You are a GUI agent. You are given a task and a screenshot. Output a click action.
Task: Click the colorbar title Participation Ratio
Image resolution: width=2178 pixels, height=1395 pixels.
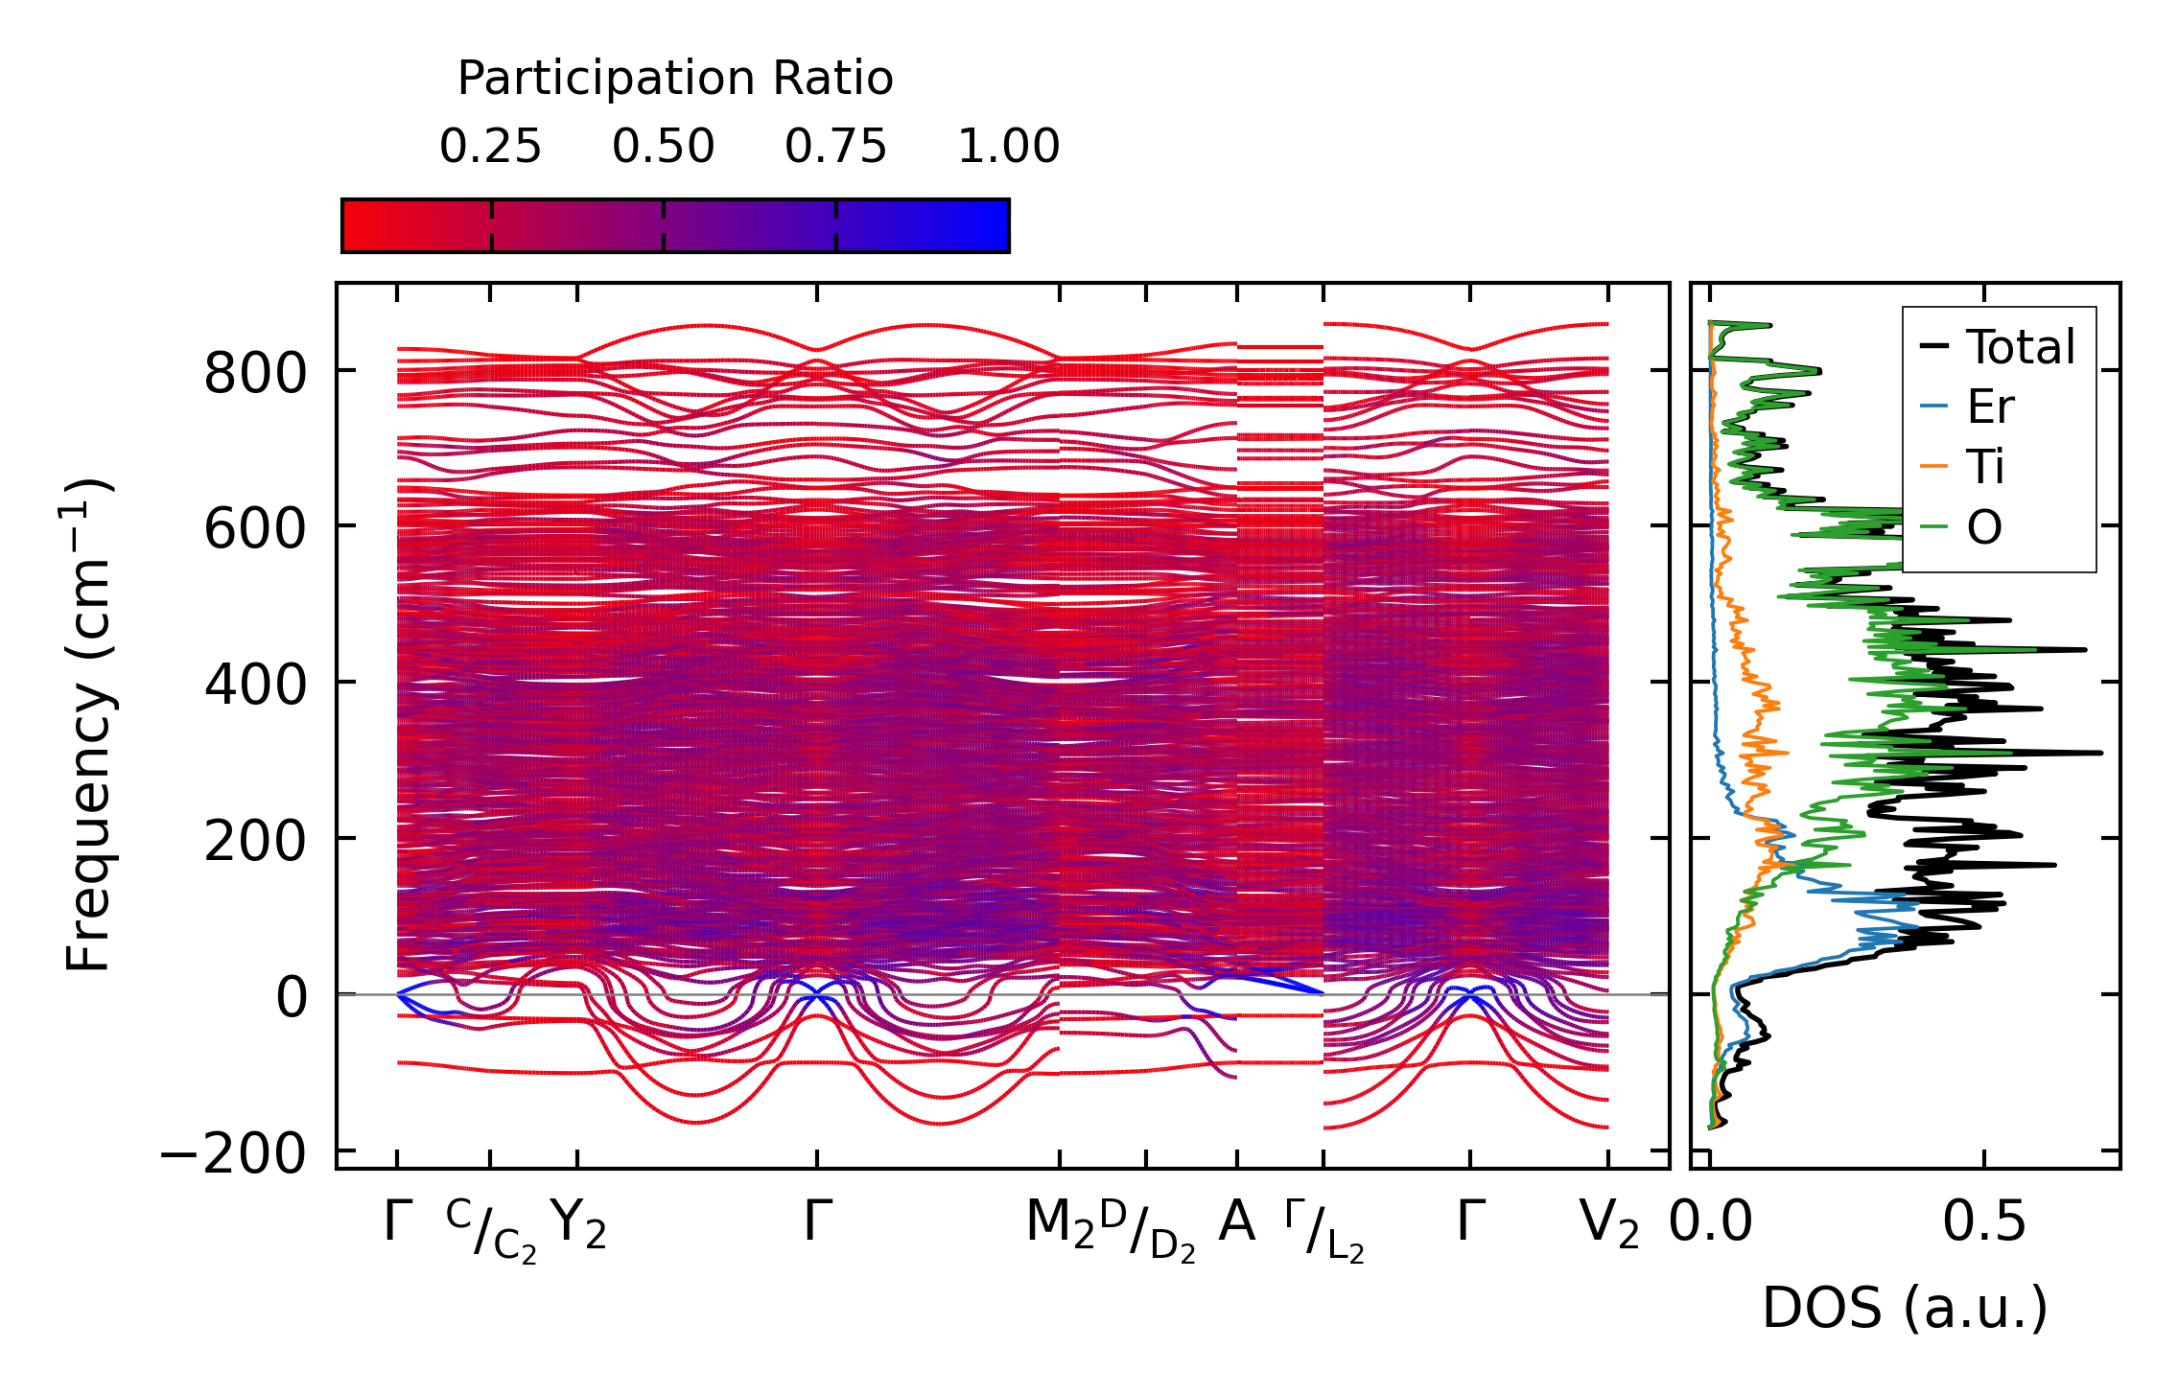675,79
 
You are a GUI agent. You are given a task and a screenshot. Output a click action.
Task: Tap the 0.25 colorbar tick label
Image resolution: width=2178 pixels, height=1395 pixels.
490,148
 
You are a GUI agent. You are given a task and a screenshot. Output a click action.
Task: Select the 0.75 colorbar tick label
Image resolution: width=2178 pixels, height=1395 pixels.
835,148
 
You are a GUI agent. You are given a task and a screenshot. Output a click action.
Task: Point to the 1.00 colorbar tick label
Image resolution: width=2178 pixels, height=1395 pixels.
1008,148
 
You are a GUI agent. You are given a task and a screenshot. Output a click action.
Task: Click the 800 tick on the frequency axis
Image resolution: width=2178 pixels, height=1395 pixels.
254,373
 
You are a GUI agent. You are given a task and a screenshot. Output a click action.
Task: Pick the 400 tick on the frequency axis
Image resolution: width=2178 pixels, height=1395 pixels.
254,685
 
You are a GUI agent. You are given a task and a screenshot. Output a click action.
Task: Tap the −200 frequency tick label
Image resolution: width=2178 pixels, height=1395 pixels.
233,1153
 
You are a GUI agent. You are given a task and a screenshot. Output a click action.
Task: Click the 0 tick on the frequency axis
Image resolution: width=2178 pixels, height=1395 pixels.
292,997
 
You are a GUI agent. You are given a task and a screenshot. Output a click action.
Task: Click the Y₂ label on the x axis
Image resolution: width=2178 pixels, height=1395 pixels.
578,1224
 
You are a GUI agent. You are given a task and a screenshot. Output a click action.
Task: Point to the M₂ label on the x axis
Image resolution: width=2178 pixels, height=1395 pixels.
1060,1224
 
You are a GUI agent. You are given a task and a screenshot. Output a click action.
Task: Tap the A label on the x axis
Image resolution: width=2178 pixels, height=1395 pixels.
1236,1222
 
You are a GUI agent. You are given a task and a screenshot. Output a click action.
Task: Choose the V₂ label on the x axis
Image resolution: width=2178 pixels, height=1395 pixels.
1608,1224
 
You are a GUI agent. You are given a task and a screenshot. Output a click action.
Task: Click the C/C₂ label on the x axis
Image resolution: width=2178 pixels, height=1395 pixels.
491,1232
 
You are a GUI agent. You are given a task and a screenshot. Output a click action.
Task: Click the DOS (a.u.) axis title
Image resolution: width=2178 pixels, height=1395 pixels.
1905,1308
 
